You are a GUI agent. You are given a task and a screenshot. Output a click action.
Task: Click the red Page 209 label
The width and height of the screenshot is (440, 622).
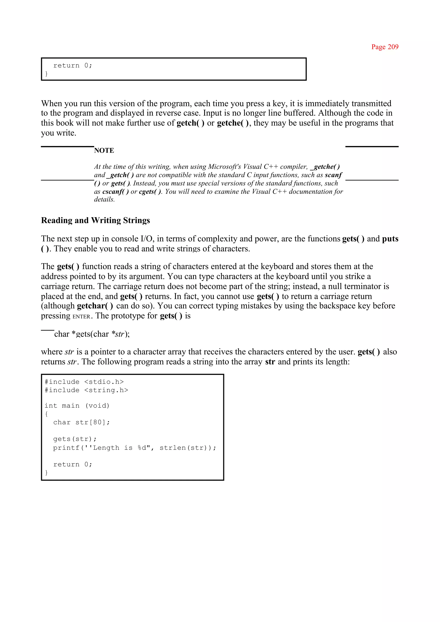385,47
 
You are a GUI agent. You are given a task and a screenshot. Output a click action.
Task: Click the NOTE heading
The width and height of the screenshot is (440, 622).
104,151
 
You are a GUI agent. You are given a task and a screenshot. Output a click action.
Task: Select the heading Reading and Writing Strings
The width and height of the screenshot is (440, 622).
95,220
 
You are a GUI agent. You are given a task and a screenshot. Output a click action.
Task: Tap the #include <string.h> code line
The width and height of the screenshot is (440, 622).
86,390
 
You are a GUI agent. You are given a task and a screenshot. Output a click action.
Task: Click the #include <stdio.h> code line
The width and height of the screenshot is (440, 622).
84,382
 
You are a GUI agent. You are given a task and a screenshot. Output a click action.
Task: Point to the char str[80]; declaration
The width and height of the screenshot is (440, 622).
81,422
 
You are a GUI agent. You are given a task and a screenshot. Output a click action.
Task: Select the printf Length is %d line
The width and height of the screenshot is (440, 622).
134,448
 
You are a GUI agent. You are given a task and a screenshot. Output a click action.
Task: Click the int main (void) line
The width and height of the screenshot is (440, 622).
77,406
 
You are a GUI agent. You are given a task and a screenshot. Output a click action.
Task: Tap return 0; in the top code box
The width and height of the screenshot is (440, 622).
73,66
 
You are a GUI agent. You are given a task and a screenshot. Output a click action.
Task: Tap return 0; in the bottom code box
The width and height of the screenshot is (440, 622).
73,464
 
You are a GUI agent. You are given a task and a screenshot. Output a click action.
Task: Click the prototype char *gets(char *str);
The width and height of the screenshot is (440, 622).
92,334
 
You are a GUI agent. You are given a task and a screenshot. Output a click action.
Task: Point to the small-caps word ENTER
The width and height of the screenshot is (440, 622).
81,316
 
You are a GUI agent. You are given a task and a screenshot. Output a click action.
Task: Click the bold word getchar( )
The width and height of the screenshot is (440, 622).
95,306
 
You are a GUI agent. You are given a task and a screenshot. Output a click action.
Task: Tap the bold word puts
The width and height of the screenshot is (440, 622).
390,239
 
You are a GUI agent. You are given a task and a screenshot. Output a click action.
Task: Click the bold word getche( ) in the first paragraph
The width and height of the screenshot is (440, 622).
233,123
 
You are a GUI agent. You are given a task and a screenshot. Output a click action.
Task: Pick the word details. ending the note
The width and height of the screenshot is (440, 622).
104,200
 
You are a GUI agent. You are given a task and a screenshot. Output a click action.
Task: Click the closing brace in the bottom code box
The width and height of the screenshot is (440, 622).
46,472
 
